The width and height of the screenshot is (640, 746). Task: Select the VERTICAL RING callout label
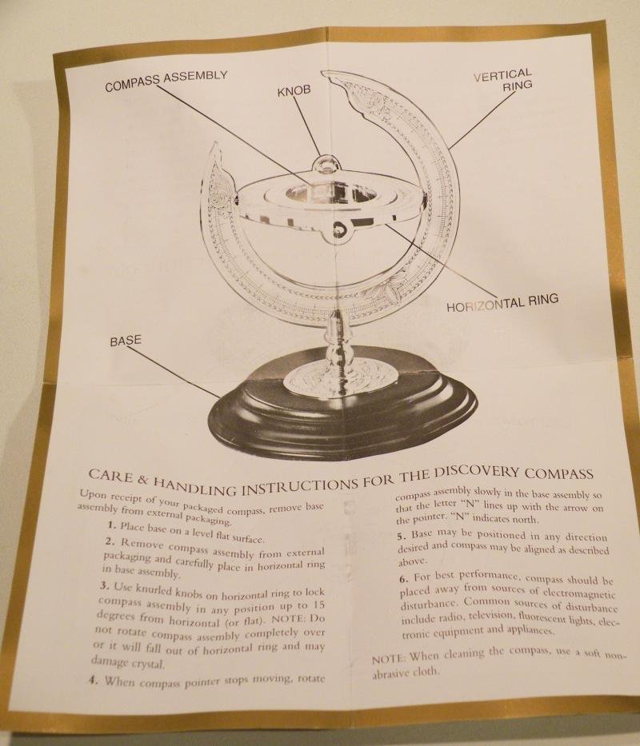pyautogui.click(x=502, y=82)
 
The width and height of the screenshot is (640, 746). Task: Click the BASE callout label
pyautogui.click(x=125, y=341)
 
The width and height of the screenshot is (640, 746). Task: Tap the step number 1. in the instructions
pyautogui.click(x=111, y=525)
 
